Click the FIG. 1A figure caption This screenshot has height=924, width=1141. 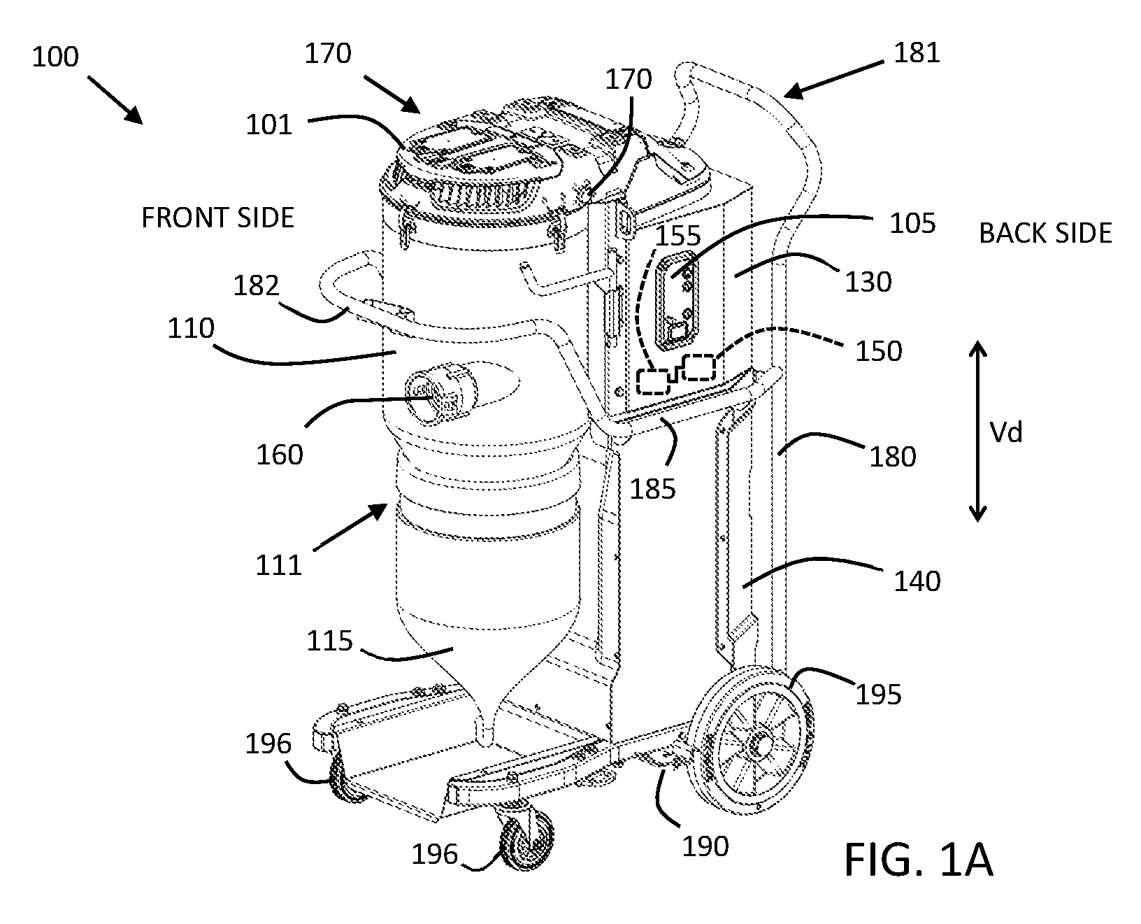(918, 859)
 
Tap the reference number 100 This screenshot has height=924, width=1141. (56, 57)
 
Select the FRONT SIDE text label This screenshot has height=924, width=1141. (217, 218)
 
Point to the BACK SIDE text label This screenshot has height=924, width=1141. (1045, 233)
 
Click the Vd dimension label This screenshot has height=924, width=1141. (1007, 433)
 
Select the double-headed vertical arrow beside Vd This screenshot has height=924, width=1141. (977, 432)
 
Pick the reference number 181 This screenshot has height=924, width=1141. (917, 53)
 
